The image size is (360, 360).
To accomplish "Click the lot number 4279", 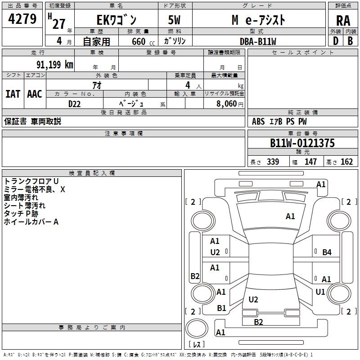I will pyautogui.click(x=22, y=19).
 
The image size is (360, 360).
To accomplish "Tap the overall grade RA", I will pyautogui.click(x=343, y=20).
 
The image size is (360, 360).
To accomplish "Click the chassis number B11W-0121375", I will pyautogui.click(x=302, y=144).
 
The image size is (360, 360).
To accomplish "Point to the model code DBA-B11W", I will pyautogui.click(x=258, y=41).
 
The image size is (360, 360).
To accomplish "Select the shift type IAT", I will pyautogui.click(x=13, y=94).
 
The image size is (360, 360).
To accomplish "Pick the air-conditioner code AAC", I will pyautogui.click(x=35, y=94).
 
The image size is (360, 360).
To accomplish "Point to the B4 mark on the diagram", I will pyautogui.click(x=327, y=252).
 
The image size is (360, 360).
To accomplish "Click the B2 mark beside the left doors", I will pyautogui.click(x=195, y=276).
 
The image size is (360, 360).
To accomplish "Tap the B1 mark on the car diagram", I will pyautogui.click(x=221, y=308).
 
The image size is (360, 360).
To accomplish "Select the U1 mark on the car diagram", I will pyautogui.click(x=320, y=292).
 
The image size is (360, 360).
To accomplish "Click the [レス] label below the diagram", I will pyautogui.click(x=197, y=345).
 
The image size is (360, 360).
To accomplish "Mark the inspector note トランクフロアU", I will pyautogui.click(x=31, y=181).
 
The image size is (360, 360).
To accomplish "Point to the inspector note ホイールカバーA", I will pyautogui.click(x=31, y=222).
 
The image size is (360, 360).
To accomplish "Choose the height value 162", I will pyautogui.click(x=347, y=162).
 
